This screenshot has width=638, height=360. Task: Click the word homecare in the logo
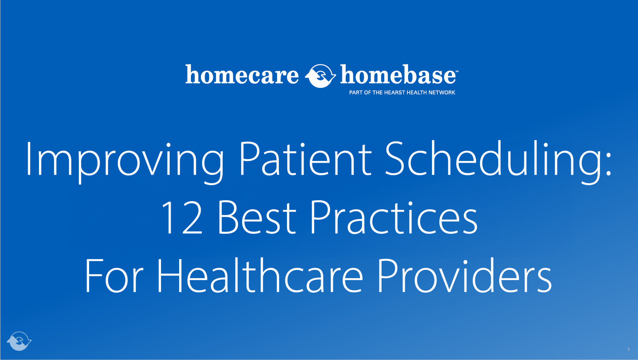(x=242, y=75)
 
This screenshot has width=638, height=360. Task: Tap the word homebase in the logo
(x=398, y=75)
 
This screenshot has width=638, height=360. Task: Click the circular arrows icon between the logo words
(x=320, y=76)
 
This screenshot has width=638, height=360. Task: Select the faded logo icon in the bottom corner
(x=19, y=341)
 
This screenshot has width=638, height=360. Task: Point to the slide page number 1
(x=628, y=349)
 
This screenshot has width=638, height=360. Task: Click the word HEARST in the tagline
(x=394, y=92)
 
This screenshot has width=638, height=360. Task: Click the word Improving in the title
(x=125, y=160)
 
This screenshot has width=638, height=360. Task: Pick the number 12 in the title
(x=182, y=218)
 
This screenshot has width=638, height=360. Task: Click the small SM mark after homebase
(x=457, y=71)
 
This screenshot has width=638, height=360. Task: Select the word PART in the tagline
(x=356, y=92)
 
